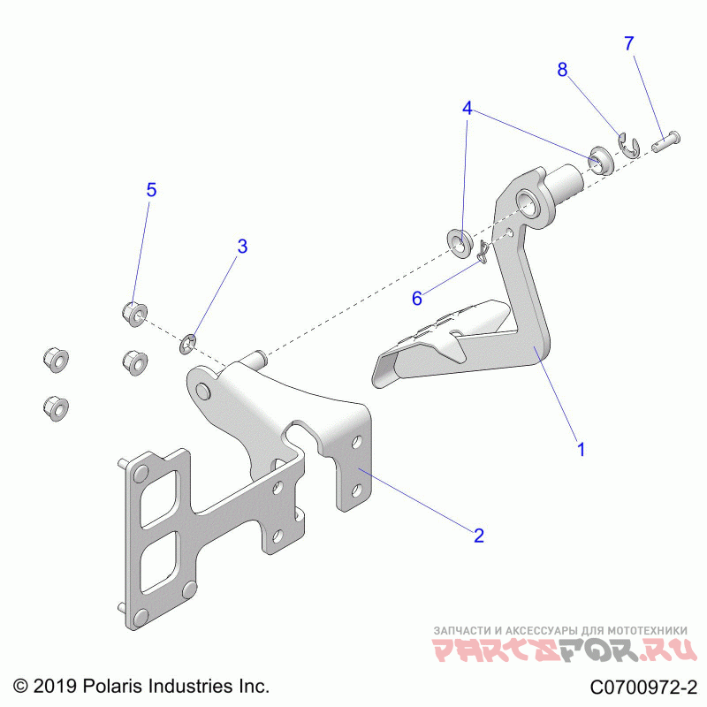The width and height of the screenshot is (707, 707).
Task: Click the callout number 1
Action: [581, 448]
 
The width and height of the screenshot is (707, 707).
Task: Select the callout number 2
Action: [478, 535]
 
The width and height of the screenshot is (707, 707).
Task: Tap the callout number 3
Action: [241, 247]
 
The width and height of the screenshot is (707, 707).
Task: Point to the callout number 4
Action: [468, 109]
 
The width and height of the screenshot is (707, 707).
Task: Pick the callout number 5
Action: [151, 189]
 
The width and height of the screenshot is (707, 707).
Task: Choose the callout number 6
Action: [416, 298]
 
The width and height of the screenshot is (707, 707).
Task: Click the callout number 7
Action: [629, 43]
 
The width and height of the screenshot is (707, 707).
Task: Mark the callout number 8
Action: [561, 71]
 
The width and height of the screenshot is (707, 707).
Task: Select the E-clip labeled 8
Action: [628, 146]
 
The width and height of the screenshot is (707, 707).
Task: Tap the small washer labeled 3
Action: [188, 341]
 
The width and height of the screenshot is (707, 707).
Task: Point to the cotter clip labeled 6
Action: [483, 254]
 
